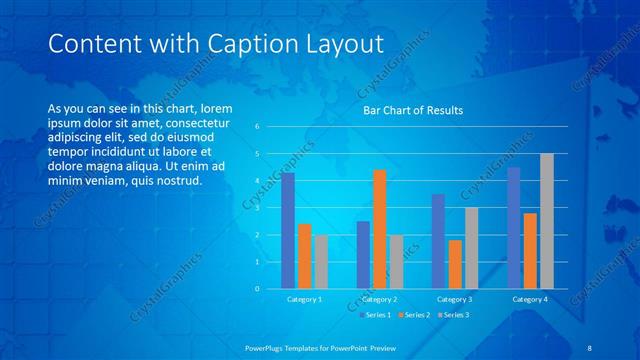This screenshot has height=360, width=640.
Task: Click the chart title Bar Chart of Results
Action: click(x=413, y=110)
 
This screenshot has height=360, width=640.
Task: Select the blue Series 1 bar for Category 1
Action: click(x=288, y=230)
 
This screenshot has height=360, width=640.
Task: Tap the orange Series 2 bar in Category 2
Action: click(x=380, y=229)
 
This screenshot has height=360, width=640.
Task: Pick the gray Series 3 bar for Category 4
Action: click(x=546, y=221)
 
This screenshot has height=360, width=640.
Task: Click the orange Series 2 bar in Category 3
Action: click(x=455, y=264)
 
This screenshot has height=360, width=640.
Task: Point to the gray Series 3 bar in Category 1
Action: click(x=320, y=261)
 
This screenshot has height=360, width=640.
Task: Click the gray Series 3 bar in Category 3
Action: click(x=471, y=248)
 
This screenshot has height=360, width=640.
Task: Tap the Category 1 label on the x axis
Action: click(x=304, y=299)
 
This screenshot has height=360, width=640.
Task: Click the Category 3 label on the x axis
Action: click(x=455, y=299)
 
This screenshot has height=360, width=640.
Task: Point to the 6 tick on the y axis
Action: click(x=258, y=127)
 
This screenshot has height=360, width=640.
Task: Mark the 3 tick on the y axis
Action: click(x=258, y=208)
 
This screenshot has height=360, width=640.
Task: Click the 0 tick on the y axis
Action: click(x=258, y=289)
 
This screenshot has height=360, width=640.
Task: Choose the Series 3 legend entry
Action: click(x=455, y=315)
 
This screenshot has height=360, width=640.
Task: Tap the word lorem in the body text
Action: click(x=216, y=108)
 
